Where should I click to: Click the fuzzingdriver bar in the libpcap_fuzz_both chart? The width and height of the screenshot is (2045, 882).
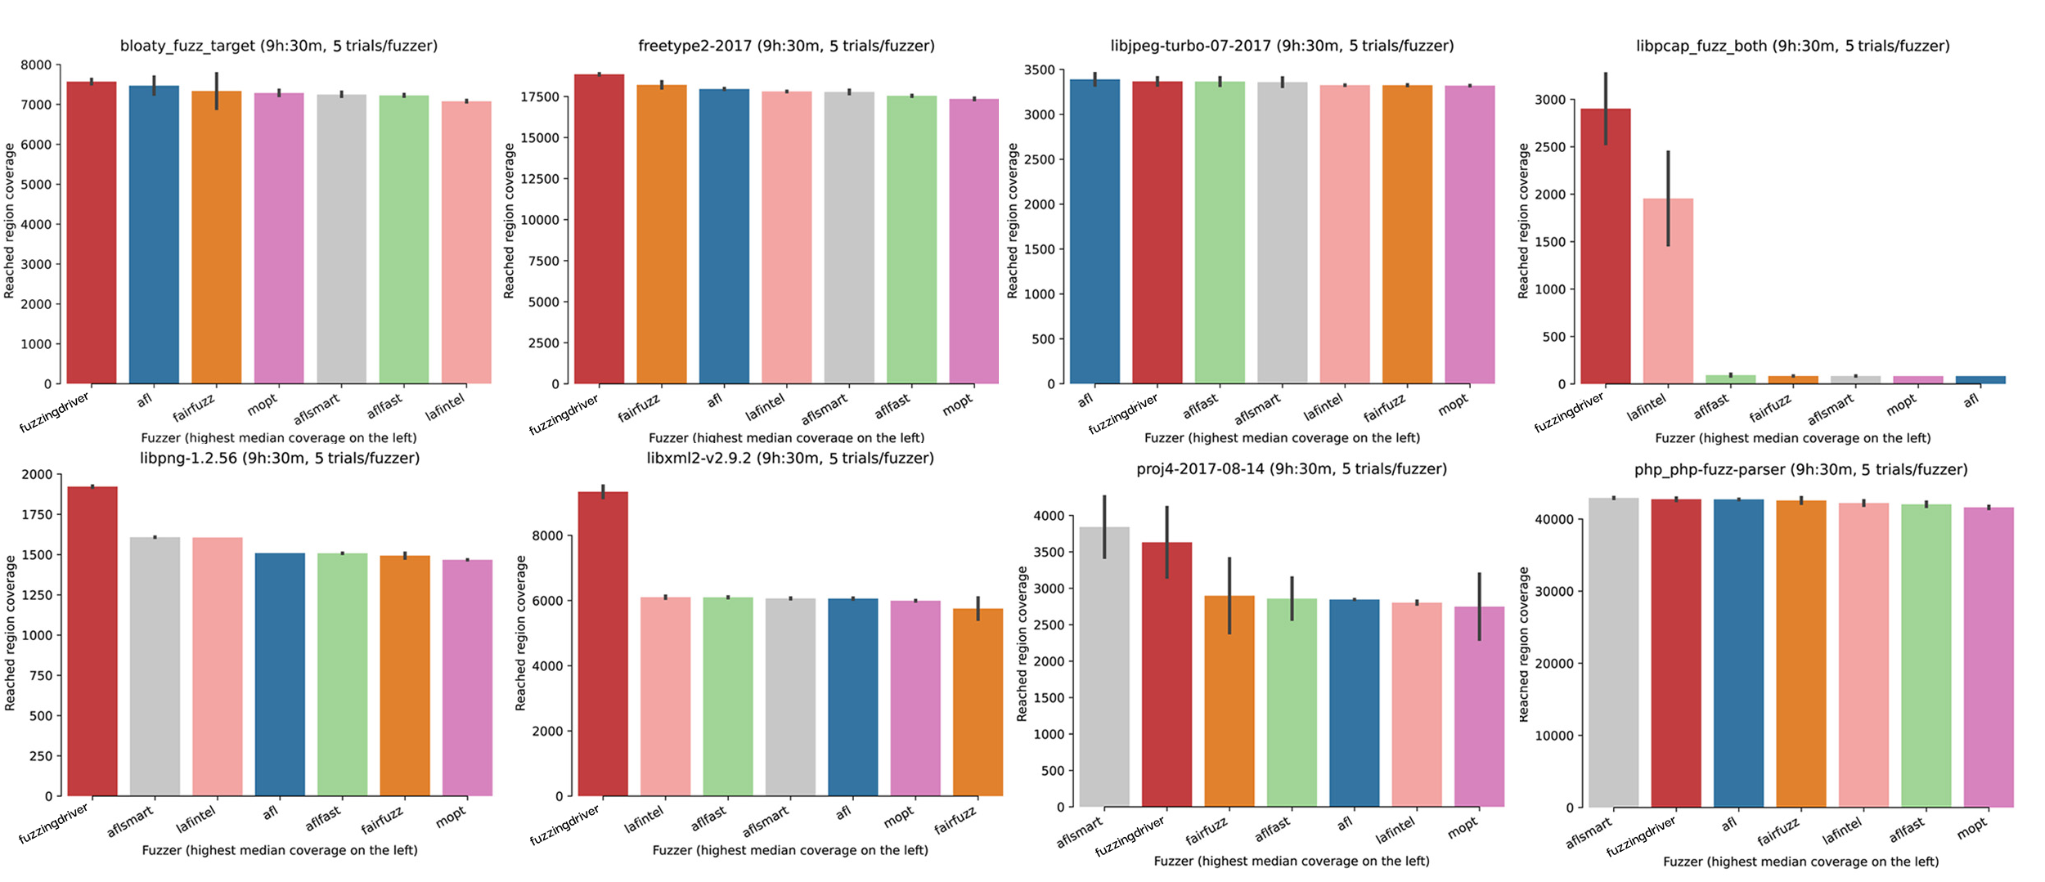coord(1606,245)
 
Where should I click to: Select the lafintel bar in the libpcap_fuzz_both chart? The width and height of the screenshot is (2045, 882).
coord(1668,290)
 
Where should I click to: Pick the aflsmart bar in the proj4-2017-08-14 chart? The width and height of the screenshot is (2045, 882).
coord(1104,666)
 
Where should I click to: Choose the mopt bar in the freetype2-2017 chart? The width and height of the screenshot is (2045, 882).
coord(973,241)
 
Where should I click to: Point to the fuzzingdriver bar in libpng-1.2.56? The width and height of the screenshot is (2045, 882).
coord(92,641)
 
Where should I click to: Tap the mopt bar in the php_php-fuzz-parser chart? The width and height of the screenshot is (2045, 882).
coord(1989,657)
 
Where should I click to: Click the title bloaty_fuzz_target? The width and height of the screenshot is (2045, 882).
coord(279,46)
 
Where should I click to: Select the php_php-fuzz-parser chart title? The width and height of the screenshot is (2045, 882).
coord(1800,469)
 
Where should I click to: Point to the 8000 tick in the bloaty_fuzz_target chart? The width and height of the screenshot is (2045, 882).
coord(36,65)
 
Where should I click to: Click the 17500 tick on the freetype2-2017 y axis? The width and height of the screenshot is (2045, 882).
coord(540,96)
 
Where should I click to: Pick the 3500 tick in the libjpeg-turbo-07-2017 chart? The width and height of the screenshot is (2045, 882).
coord(1039,70)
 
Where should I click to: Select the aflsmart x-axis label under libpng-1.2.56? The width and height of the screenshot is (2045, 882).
coord(130,822)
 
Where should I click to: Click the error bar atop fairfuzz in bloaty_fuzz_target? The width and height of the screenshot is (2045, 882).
coord(217,91)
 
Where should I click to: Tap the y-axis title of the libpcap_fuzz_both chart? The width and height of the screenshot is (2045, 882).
coord(1523,221)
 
